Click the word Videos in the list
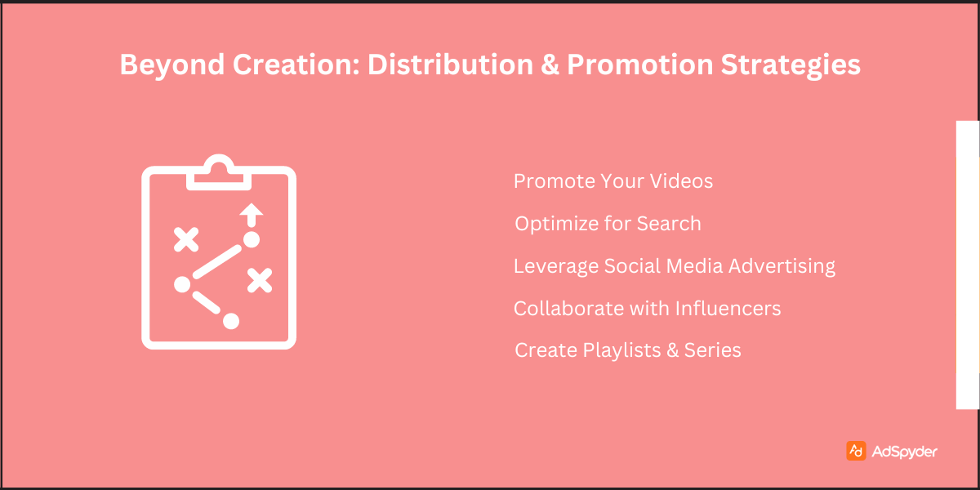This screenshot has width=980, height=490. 682,180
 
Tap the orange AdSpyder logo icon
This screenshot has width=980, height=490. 856,451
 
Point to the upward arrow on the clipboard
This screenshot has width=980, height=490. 252,215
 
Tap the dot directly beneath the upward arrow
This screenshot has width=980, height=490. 252,239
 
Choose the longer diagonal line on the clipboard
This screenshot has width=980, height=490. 217,261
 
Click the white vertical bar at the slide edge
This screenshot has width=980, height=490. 968,265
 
